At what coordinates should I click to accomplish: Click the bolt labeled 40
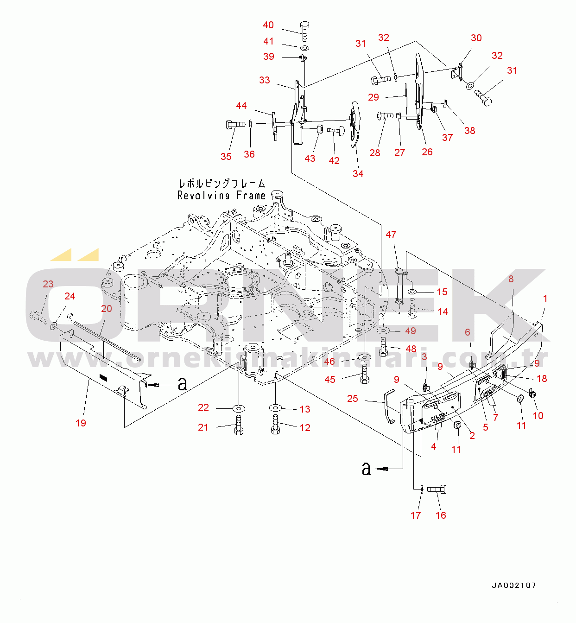pos(304,32)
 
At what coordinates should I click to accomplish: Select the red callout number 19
pos(81,423)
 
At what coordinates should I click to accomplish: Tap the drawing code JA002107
pos(514,585)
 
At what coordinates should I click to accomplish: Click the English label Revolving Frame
pos(222,196)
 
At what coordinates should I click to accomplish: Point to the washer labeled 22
pos(239,409)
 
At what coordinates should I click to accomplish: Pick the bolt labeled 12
pos(275,424)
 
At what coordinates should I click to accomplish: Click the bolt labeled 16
pos(437,489)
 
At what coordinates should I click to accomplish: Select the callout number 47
pos(391,234)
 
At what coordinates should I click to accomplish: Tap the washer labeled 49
pos(384,331)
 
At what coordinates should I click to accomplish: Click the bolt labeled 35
pos(235,125)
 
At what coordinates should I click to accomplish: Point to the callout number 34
pos(358,173)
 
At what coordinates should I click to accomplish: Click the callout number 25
pos(353,398)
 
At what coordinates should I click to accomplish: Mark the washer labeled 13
pos(275,408)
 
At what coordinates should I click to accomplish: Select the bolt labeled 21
pos(239,425)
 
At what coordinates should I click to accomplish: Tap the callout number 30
pos(476,38)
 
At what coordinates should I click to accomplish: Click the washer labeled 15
pos(412,292)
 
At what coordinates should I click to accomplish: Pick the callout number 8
pos(511,279)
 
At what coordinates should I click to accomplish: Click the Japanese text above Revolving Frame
pos(222,183)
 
